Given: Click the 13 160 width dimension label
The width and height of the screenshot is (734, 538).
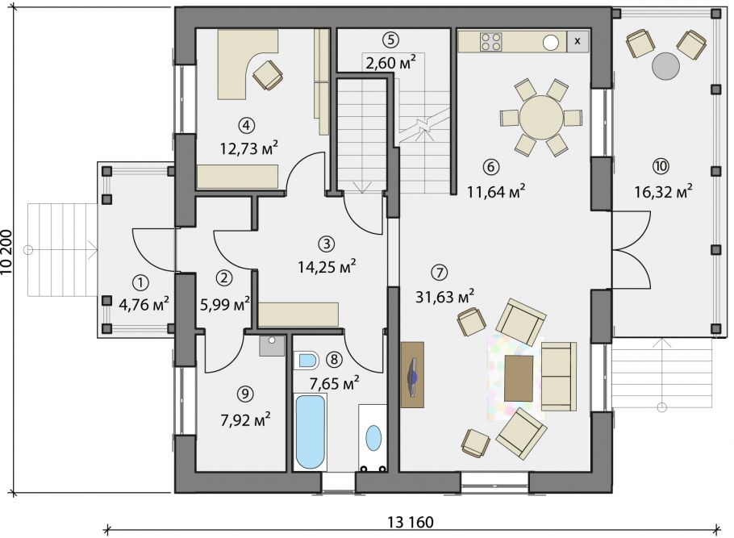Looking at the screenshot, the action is pyautogui.click(x=411, y=521).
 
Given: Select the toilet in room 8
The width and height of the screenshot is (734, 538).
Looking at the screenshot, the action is pyautogui.click(x=307, y=361).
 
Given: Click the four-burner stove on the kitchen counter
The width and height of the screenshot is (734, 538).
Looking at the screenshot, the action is pyautogui.click(x=491, y=41).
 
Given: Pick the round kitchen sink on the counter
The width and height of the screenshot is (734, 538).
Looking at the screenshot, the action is pyautogui.click(x=551, y=43).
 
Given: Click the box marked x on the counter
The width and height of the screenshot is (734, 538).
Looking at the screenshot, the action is pyautogui.click(x=578, y=41).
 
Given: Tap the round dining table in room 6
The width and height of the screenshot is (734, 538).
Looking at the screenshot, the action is pyautogui.click(x=541, y=118).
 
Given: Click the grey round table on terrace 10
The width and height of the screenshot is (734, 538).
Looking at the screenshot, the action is pyautogui.click(x=665, y=66).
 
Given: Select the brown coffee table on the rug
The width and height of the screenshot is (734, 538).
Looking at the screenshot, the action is pyautogui.click(x=519, y=378).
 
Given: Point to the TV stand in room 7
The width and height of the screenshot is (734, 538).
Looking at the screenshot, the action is pyautogui.click(x=412, y=374).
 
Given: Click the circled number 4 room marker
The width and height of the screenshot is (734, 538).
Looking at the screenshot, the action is pyautogui.click(x=246, y=125).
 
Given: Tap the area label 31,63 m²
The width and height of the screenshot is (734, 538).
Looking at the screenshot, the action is pyautogui.click(x=444, y=296).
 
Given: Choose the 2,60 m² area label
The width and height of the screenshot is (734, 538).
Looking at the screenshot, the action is pyautogui.click(x=390, y=62).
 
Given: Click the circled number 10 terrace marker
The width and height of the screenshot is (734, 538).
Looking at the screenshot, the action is pyautogui.click(x=662, y=165).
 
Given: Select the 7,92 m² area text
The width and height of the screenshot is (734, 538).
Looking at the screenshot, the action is pyautogui.click(x=246, y=419).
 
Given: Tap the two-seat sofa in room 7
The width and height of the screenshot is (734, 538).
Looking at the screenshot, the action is pyautogui.click(x=558, y=377).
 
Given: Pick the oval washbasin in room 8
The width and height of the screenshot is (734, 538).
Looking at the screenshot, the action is pyautogui.click(x=373, y=438).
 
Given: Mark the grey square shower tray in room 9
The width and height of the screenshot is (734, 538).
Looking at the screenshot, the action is pyautogui.click(x=272, y=345).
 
